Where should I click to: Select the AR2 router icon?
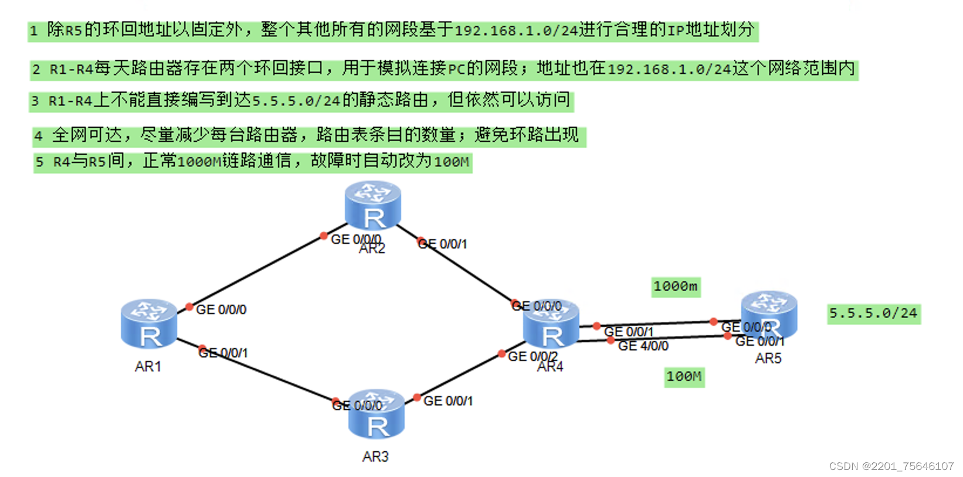[373, 205]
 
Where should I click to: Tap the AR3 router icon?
[376, 414]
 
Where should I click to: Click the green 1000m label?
[676, 287]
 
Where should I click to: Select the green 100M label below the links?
[684, 376]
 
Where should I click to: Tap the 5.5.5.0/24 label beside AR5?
[873, 314]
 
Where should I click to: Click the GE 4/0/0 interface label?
[643, 346]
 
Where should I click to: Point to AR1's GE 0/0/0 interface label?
[221, 309]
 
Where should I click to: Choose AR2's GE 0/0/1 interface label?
[443, 244]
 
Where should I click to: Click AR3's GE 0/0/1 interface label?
[448, 401]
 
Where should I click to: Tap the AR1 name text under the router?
[148, 367]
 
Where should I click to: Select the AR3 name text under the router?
[375, 456]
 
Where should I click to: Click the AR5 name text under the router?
[768, 359]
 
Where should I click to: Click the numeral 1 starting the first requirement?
[34, 30]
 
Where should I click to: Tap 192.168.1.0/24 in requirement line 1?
[516, 30]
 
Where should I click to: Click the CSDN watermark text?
[891, 466]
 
